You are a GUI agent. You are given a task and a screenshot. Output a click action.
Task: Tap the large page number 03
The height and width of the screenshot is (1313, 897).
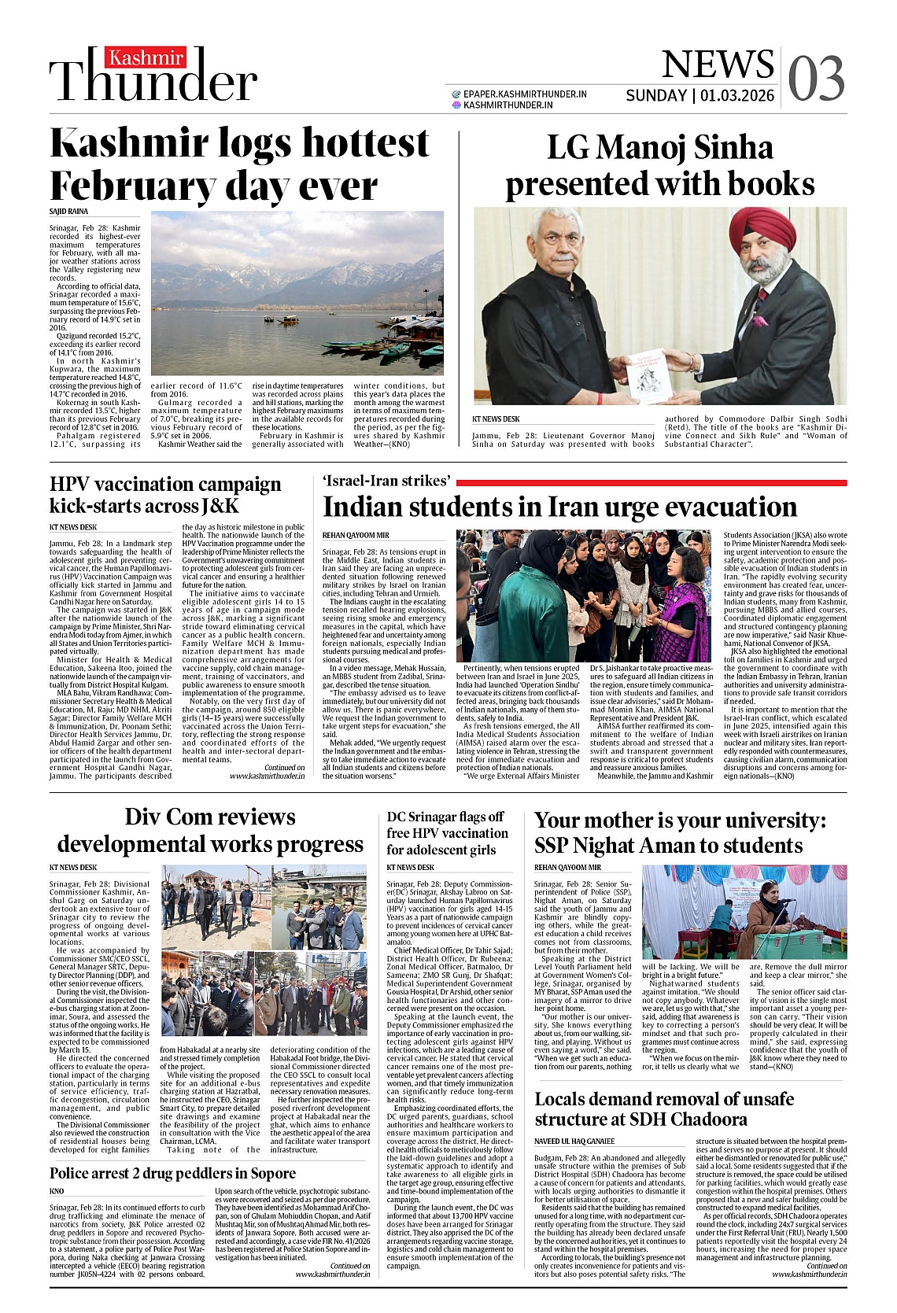[816, 78]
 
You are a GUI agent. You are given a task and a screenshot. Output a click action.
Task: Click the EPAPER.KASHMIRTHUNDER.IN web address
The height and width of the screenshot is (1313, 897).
[525, 94]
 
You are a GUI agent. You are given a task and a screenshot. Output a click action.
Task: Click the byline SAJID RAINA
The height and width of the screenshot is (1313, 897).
[69, 212]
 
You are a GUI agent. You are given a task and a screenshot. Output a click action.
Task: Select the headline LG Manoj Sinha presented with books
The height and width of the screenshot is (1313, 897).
[659, 166]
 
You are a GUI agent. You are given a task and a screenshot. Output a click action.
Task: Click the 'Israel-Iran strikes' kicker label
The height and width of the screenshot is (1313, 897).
[387, 481]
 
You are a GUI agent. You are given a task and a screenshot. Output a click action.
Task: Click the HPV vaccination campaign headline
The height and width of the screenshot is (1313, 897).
[165, 495]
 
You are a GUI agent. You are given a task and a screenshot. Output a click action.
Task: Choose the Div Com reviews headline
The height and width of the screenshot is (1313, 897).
[210, 830]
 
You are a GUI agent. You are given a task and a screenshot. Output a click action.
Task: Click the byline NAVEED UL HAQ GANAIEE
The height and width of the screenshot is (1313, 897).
[574, 1141]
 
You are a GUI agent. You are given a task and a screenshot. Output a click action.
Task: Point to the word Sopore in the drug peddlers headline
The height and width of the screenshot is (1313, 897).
[266, 1173]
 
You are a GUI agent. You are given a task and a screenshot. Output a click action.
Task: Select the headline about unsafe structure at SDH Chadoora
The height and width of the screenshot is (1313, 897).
[664, 1109]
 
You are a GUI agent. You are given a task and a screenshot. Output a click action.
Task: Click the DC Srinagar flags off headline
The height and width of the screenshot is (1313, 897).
[447, 833]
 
